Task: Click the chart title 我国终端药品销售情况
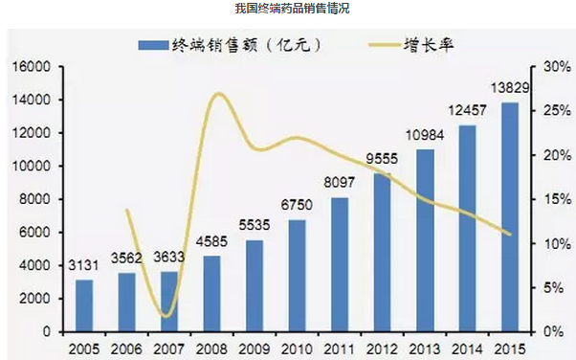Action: coord(288,9)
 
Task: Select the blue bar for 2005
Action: coord(84,305)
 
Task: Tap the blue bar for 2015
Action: coord(510,216)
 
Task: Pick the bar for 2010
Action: coord(297,276)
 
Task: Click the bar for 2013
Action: coord(425,240)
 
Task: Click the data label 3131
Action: coord(84,265)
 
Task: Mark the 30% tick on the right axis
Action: coord(556,67)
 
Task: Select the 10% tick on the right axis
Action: coord(556,243)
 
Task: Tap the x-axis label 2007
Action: coord(168,348)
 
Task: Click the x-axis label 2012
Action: coord(382,348)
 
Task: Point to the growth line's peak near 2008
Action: coord(218,93)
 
